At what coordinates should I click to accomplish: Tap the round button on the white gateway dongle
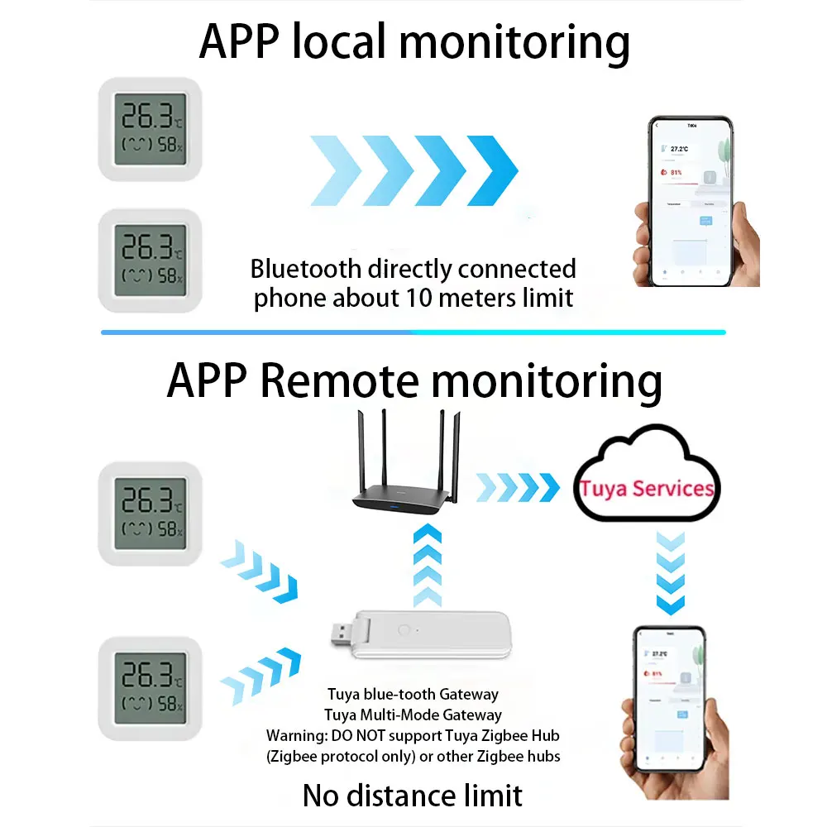(x=404, y=629)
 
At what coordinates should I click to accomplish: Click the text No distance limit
(x=413, y=795)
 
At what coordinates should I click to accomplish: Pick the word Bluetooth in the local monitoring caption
(x=306, y=269)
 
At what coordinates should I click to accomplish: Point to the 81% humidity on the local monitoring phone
(x=676, y=173)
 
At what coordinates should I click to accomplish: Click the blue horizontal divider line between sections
(x=413, y=332)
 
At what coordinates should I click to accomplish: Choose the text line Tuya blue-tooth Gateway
(x=413, y=694)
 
